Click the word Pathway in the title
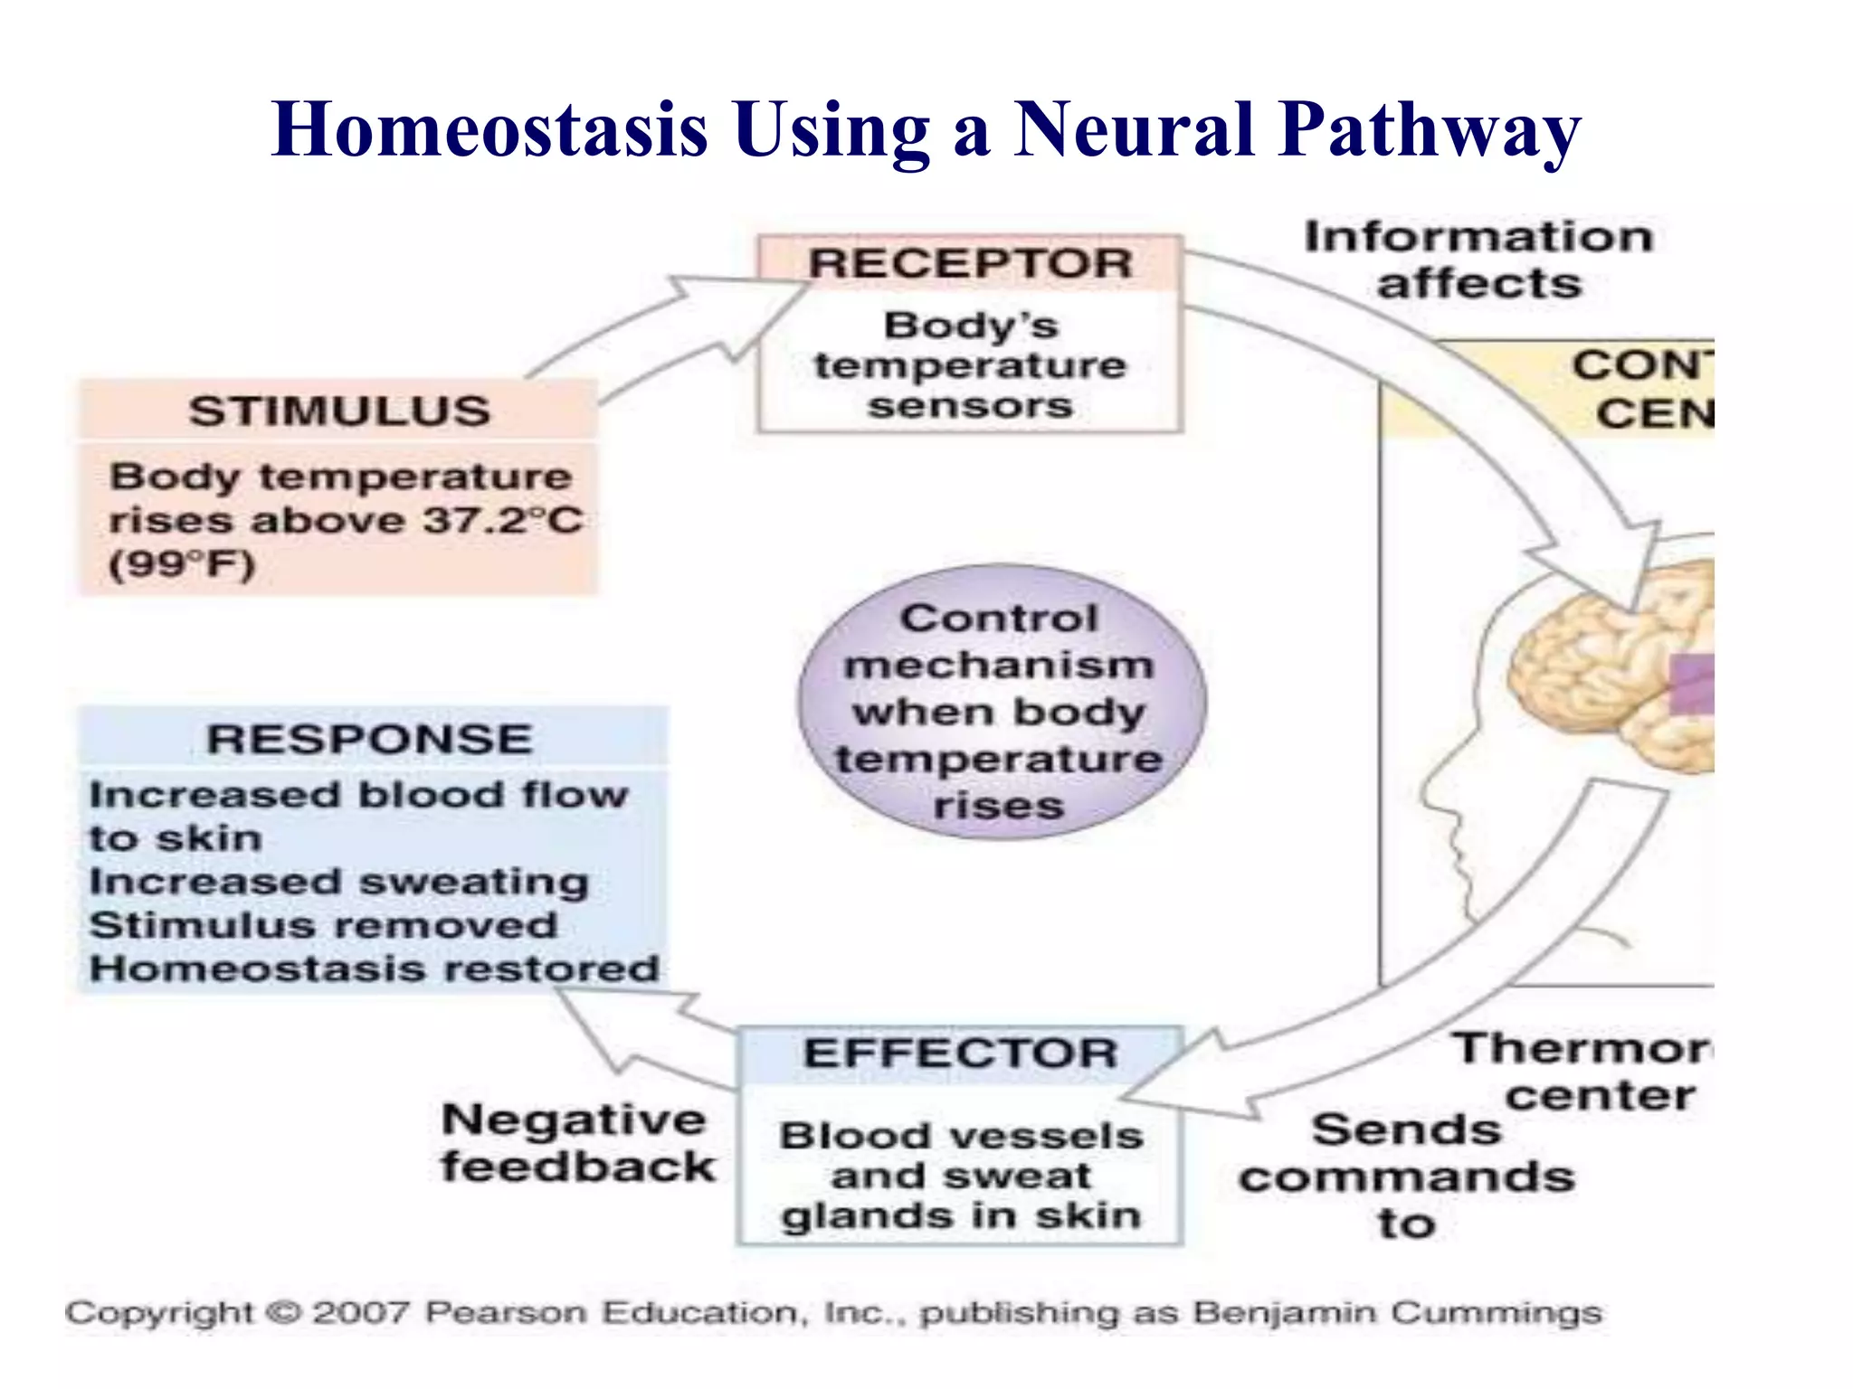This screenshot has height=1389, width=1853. (x=1430, y=129)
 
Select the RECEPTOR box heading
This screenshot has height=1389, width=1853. (x=970, y=264)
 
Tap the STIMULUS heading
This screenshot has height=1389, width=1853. (x=339, y=411)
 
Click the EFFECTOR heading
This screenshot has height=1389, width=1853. (x=961, y=1054)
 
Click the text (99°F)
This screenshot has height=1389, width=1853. (x=181, y=564)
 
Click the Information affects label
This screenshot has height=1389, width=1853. (x=1478, y=260)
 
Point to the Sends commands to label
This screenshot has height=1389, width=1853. (x=1407, y=1176)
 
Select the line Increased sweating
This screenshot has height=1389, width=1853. (x=339, y=882)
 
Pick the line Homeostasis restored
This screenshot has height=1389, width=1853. (x=374, y=969)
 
